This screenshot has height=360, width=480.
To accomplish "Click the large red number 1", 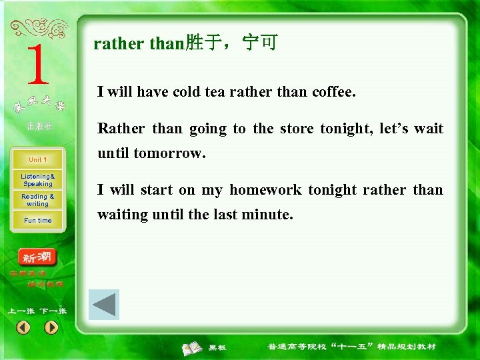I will pyautogui.click(x=37, y=65).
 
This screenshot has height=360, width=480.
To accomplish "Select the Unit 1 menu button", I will pyautogui.click(x=37, y=160).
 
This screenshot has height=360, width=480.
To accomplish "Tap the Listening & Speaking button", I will pyautogui.click(x=37, y=180).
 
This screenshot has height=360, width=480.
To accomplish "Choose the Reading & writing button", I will pyautogui.click(x=37, y=200).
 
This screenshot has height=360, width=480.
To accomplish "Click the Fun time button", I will pyautogui.click(x=37, y=221).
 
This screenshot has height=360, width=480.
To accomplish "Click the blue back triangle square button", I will pyautogui.click(x=104, y=305).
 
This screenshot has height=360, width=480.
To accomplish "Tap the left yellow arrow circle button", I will pyautogui.click(x=23, y=327).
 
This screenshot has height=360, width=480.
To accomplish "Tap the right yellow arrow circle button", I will pyautogui.click(x=51, y=327).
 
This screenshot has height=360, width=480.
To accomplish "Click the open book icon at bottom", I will pyautogui.click(x=193, y=347).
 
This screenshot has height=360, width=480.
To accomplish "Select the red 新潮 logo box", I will pyautogui.click(x=38, y=257).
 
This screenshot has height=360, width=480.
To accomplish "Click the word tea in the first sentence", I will pyautogui.click(x=215, y=92).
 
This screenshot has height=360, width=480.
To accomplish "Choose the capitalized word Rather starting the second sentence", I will pyautogui.click(x=121, y=129).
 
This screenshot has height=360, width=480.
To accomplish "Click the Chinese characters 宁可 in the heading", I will pyautogui.click(x=260, y=44).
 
